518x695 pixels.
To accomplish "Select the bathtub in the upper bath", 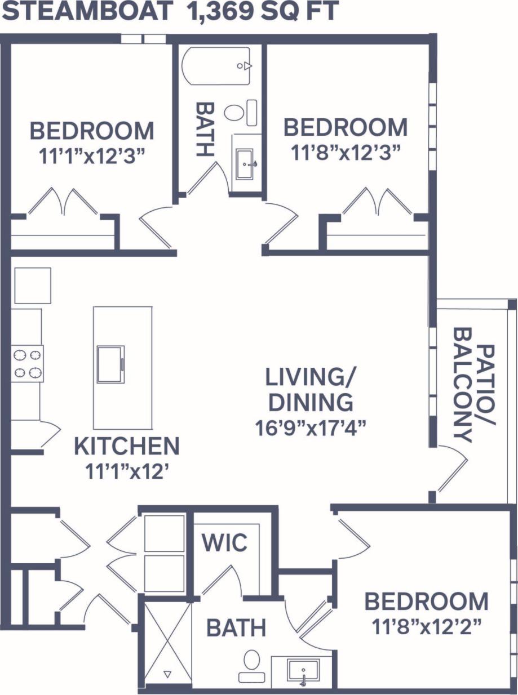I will (218, 66).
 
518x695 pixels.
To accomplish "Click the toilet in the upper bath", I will (234, 112).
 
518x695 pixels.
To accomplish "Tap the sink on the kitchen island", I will (110, 364).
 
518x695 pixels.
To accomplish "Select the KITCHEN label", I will (127, 447).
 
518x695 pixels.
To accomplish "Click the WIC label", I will (224, 543).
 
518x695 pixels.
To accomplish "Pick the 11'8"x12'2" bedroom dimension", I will (426, 625).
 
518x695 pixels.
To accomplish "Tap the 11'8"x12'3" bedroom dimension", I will (345, 152).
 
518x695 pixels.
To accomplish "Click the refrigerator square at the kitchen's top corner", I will (32, 286).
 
